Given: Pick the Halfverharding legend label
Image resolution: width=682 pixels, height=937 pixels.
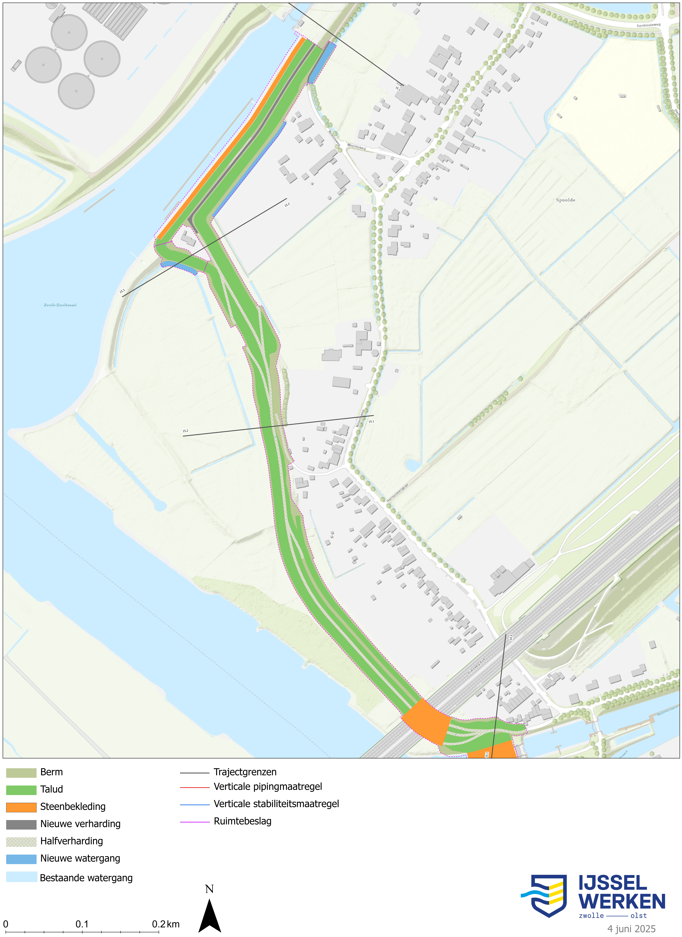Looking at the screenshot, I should tap(71, 841).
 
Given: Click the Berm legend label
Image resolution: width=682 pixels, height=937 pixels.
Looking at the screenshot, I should tap(51, 772).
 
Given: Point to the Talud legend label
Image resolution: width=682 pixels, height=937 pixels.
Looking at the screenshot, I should tap(51, 790).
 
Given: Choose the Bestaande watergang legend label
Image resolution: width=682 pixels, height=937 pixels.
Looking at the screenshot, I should tap(86, 878).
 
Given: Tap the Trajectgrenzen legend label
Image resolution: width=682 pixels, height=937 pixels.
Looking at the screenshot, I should tap(245, 772).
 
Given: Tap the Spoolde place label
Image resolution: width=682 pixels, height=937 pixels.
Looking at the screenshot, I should tap(565, 200).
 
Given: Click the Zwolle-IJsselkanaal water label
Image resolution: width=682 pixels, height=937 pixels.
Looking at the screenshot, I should tap(60, 305).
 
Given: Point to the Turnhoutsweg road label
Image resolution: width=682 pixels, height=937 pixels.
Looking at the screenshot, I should tap(648, 25).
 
